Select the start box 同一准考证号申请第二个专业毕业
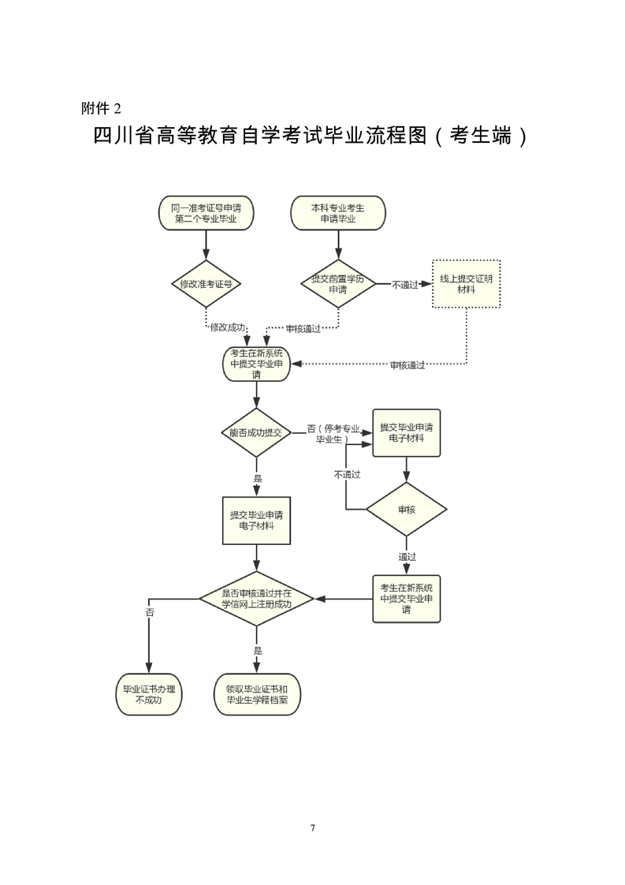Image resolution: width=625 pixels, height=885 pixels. click(206, 213)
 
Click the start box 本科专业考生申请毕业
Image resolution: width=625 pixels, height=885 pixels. click(338, 213)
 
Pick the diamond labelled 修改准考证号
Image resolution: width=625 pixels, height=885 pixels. click(206, 283)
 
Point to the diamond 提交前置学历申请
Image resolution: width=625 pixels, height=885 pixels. click(338, 284)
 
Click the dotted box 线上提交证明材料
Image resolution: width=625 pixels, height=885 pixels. click(466, 284)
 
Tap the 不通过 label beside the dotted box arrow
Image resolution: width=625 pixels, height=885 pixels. click(404, 284)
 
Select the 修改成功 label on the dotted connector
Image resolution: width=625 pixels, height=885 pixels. click(228, 327)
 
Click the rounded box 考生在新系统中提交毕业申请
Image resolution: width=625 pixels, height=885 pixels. click(256, 364)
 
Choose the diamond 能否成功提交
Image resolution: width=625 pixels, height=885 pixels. click(256, 432)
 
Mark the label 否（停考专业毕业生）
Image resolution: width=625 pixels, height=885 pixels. click(333, 434)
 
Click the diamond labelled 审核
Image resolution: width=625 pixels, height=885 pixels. click(407, 510)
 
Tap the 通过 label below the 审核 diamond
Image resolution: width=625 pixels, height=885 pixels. click(407, 557)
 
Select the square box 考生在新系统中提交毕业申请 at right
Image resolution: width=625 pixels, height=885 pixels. click(407, 599)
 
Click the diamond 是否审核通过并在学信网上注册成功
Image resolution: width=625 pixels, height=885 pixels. click(256, 599)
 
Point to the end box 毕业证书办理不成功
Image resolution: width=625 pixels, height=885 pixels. click(148, 693)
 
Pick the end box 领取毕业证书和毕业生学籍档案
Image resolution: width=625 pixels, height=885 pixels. click(257, 693)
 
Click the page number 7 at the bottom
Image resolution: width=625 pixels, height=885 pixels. click(313, 827)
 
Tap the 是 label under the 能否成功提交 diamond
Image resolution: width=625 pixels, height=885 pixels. click(257, 479)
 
